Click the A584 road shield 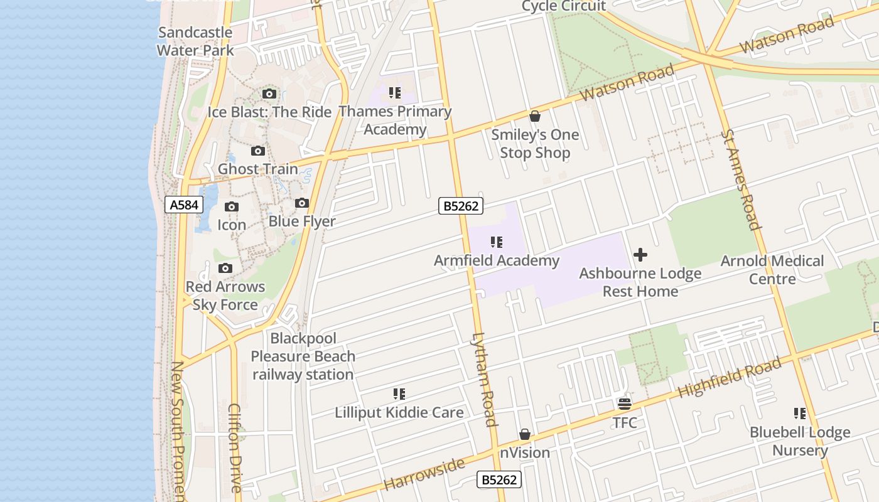[184, 205]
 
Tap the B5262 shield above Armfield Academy [461, 205]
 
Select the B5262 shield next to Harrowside [499, 480]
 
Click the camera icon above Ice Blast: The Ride [269, 94]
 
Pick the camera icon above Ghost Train [258, 151]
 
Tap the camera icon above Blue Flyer [302, 203]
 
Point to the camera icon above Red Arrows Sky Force [225, 269]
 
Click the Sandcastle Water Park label [195, 41]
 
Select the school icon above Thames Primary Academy [395, 93]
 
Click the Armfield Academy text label [497, 260]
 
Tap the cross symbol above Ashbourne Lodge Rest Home [640, 255]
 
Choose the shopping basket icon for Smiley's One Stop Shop [535, 116]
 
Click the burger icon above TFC [625, 403]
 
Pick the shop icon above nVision [525, 435]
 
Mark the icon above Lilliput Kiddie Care [399, 394]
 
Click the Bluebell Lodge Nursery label [800, 441]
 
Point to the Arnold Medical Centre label [772, 270]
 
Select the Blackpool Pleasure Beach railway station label [303, 356]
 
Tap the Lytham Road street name [484, 379]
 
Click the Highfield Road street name [730, 378]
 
